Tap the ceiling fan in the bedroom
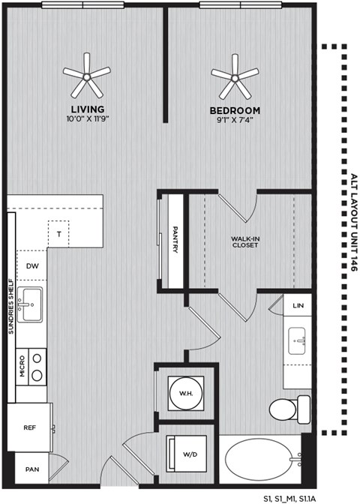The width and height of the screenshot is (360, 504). point(235,74)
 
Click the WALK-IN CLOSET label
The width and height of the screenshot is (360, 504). point(244,241)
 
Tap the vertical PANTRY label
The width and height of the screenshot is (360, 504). point(175,240)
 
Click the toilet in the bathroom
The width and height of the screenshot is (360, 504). point(287,410)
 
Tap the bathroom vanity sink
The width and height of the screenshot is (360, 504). point(298,342)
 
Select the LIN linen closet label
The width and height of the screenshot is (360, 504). point(298,305)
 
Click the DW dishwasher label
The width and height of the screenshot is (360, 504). point(31,265)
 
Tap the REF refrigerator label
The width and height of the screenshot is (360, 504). point(30,427)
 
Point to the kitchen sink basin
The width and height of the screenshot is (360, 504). point(31,306)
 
